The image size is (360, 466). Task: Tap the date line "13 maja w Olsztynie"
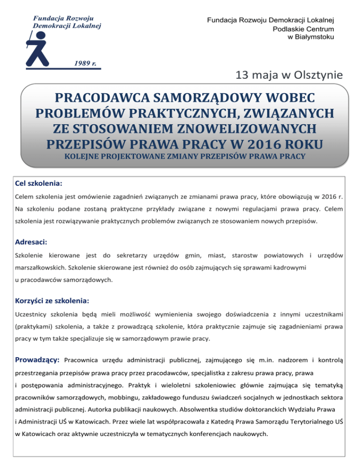[x=289, y=75]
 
